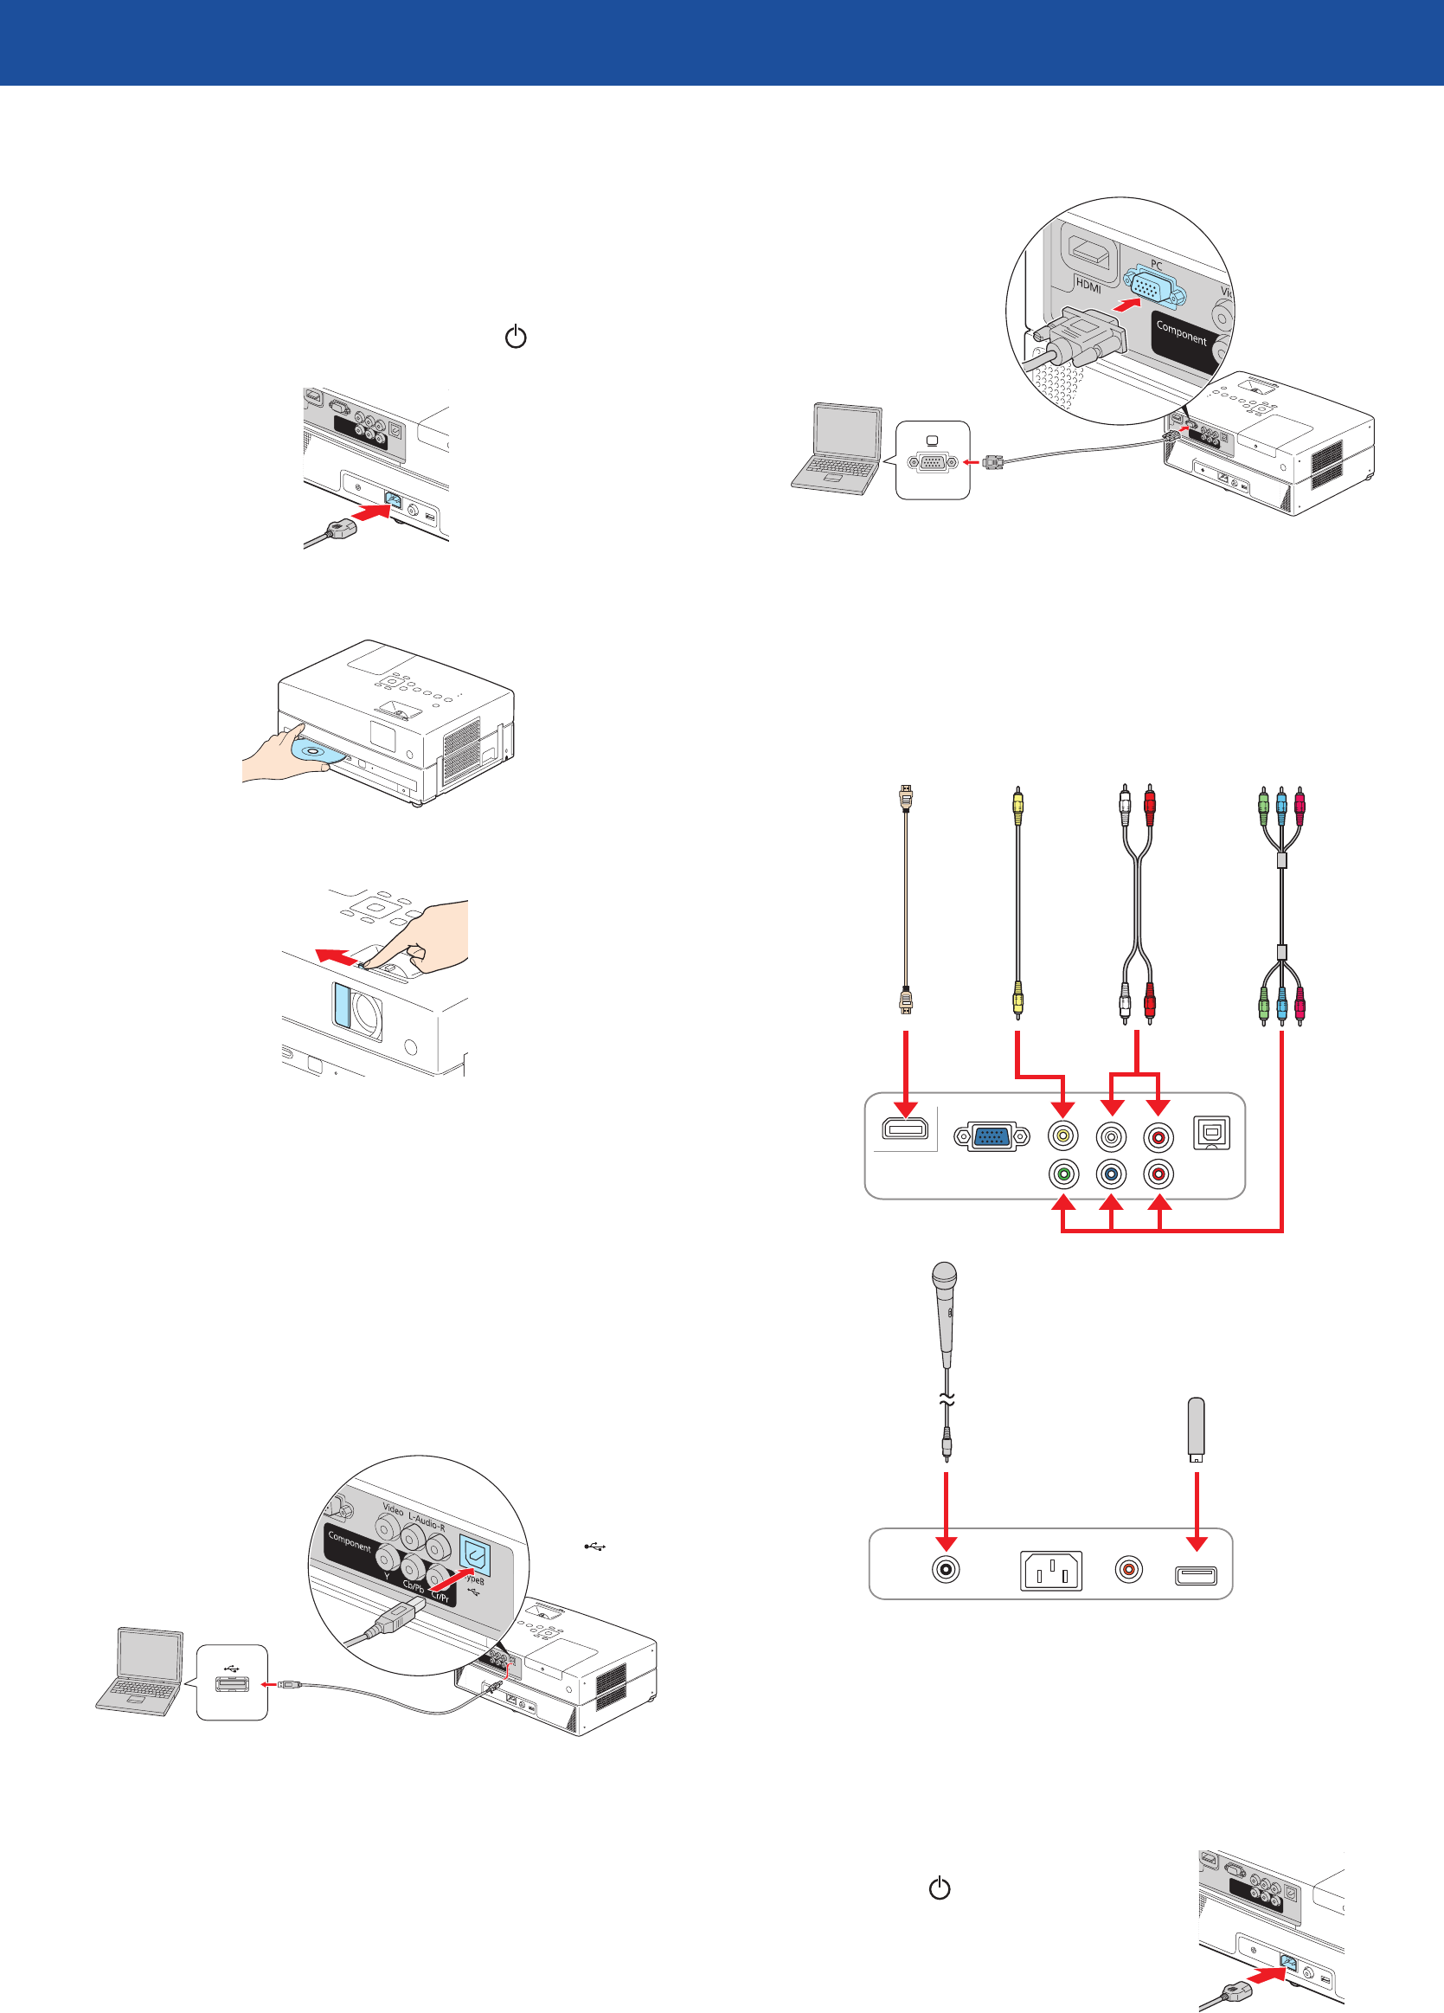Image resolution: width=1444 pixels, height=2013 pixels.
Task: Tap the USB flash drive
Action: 1197,1428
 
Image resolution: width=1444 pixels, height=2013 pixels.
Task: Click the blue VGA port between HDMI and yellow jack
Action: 992,1136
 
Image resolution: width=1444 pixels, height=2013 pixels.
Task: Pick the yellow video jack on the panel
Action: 1063,1136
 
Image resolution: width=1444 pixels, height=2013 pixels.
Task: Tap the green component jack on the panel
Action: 1063,1174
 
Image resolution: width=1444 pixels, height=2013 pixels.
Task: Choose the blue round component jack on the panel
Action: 1111,1174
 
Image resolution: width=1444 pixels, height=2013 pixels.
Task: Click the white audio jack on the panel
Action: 1111,1136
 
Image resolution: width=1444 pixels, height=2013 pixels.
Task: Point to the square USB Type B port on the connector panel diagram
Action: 1211,1134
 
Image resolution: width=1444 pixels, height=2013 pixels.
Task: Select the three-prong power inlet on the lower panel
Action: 1051,1571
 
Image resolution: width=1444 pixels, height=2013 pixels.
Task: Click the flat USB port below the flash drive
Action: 1197,1575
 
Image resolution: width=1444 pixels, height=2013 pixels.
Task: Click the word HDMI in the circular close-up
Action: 1088,286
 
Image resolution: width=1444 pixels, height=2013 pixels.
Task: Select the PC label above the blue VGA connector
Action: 1157,265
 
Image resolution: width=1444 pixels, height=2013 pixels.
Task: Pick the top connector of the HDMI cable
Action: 905,797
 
